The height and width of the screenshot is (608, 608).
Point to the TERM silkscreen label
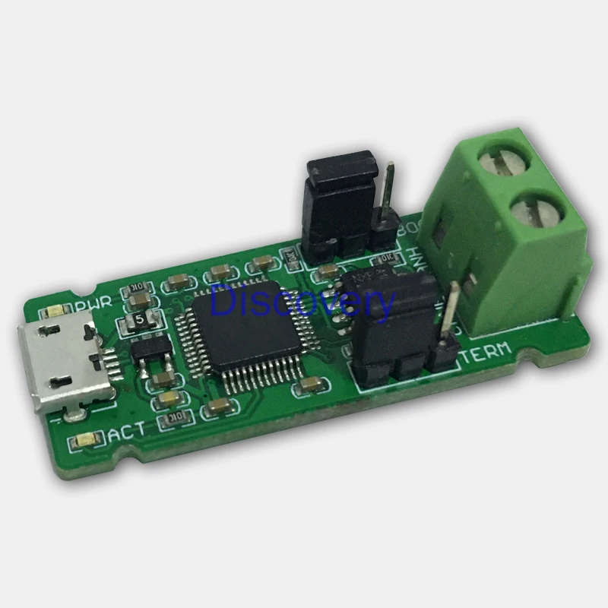486,353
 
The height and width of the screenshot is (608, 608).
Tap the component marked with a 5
140,321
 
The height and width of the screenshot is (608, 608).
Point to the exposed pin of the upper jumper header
389,190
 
